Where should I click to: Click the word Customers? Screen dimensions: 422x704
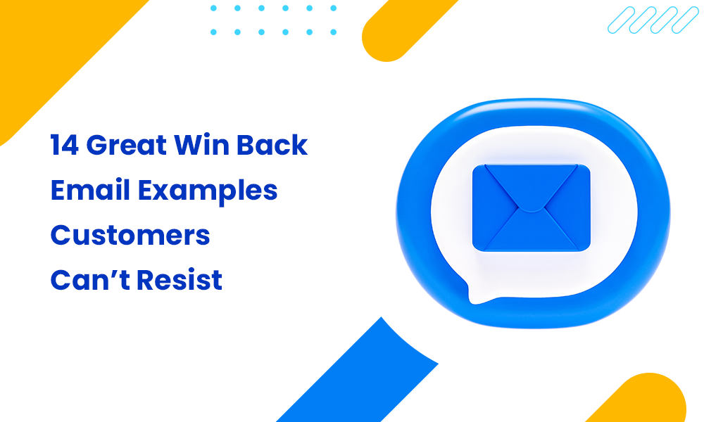(130, 236)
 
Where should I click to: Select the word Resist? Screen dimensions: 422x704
(180, 281)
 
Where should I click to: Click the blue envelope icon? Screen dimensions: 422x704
(532, 208)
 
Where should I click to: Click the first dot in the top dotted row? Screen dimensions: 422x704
(214, 8)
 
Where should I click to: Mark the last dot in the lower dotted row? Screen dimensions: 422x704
(333, 32)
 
